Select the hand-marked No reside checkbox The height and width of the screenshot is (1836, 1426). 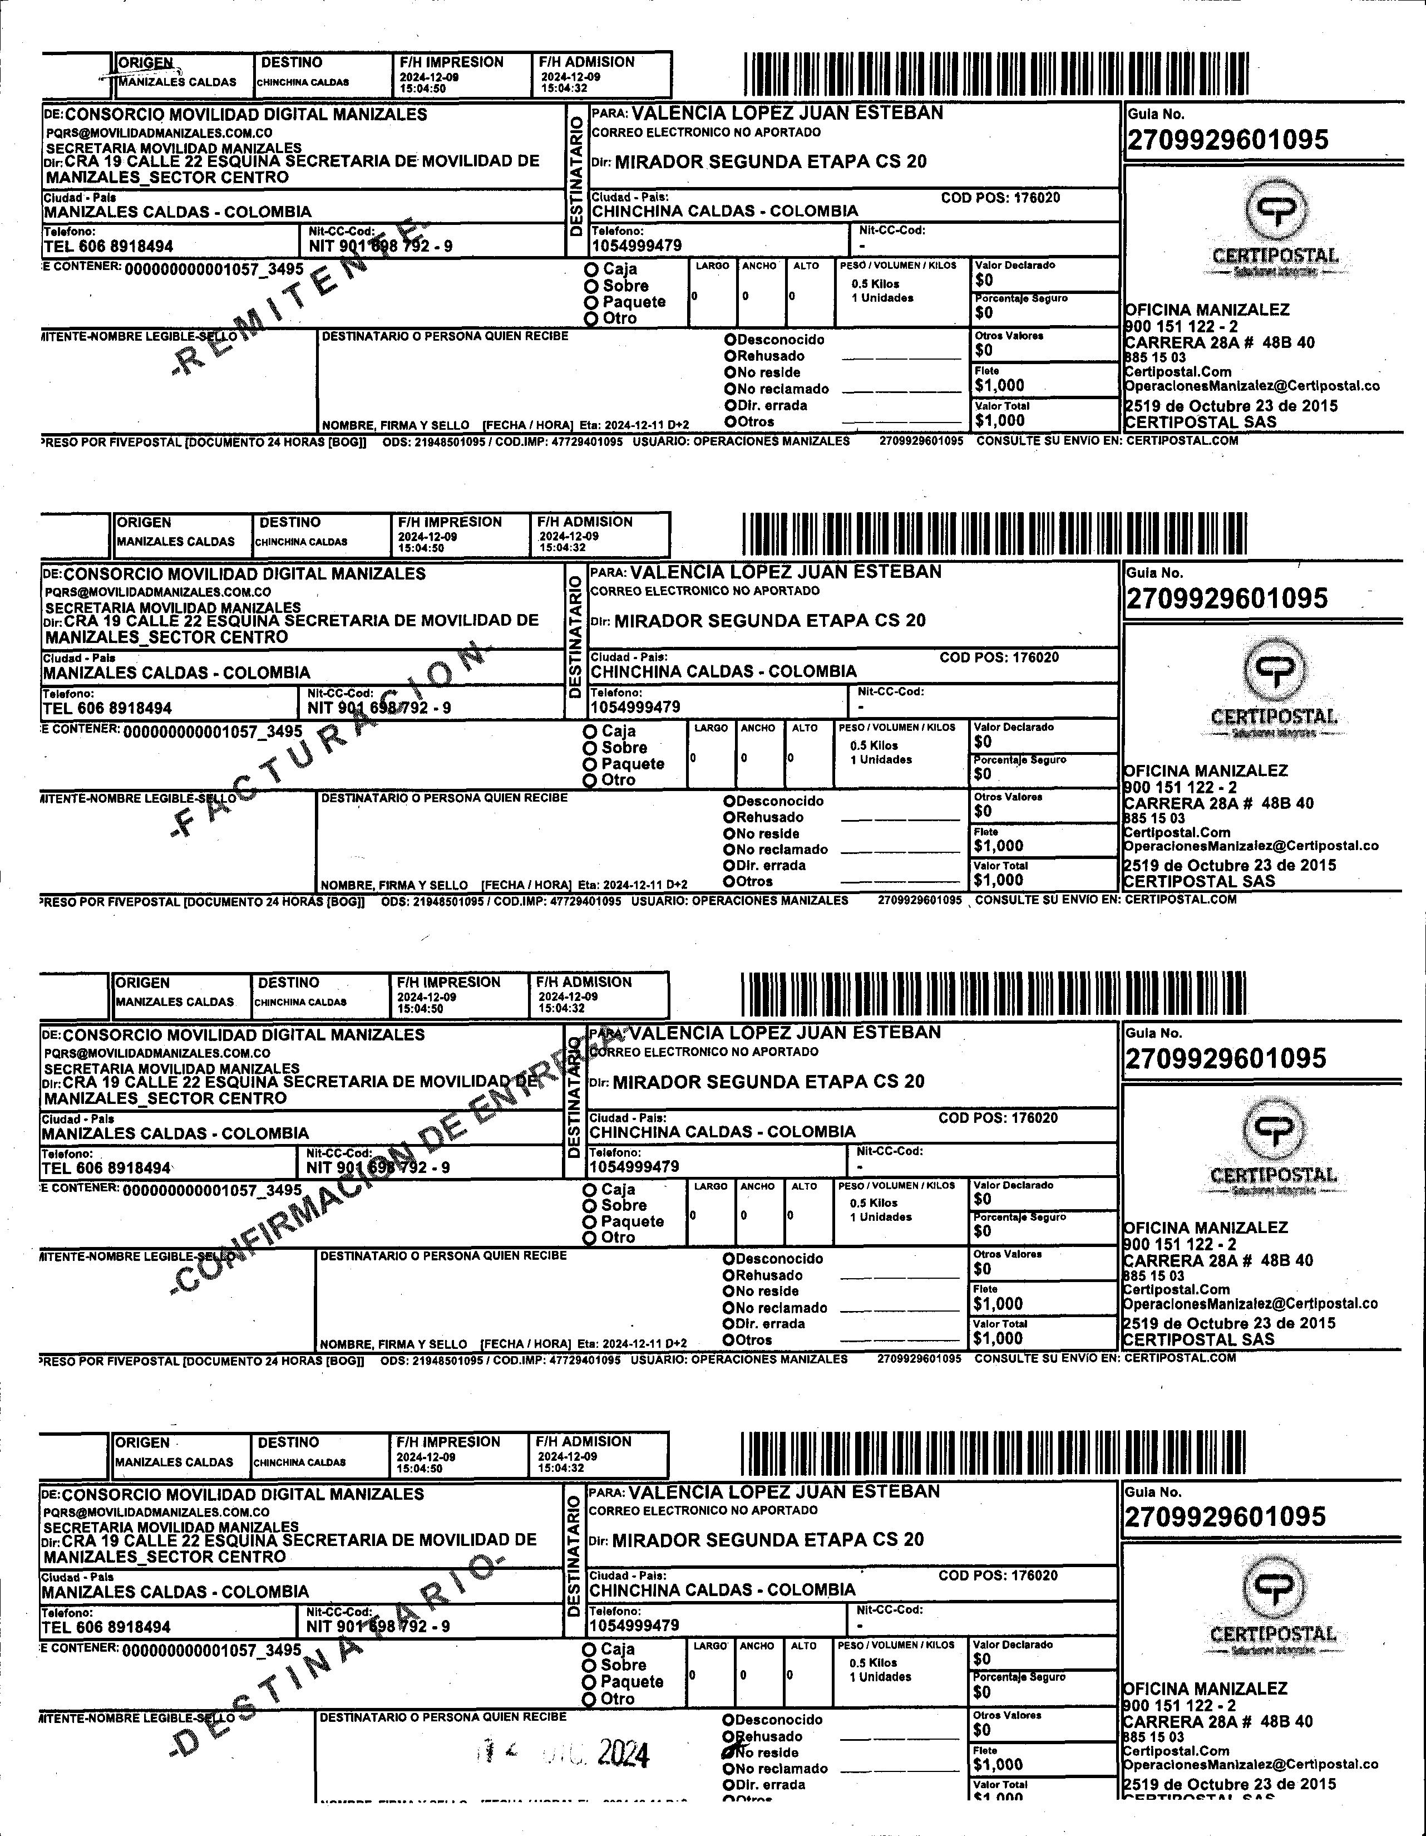point(729,1753)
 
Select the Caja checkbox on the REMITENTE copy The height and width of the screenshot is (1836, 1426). point(591,269)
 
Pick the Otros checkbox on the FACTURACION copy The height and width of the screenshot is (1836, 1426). point(729,882)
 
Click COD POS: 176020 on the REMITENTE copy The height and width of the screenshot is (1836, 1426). point(1000,198)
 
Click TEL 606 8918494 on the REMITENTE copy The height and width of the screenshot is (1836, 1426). point(108,246)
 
